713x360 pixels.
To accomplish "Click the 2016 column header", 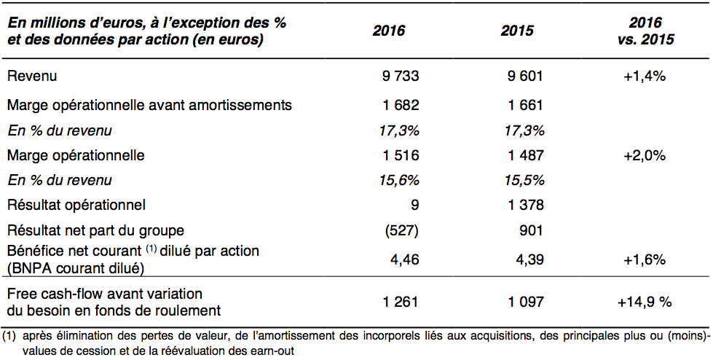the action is (x=389, y=31).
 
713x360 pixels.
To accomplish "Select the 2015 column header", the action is (x=518, y=31).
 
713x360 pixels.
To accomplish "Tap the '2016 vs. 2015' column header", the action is (x=646, y=31).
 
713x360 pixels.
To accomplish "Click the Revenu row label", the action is (x=32, y=76).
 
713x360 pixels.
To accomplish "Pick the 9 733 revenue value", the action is (x=401, y=76).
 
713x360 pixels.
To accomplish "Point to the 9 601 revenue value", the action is (x=525, y=76).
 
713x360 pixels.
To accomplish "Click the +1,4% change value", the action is (x=645, y=76).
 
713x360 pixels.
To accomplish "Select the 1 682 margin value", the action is (x=401, y=105).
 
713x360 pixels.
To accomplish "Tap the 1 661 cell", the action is (x=525, y=105).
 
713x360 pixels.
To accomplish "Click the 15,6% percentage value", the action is (x=399, y=180).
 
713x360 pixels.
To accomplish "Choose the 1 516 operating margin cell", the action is (x=401, y=155).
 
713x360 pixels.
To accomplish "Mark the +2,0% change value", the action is (x=645, y=156).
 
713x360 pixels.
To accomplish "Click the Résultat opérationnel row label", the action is (x=76, y=206).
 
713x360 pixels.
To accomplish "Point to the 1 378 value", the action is (x=525, y=206).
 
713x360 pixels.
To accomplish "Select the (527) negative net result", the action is (x=401, y=230).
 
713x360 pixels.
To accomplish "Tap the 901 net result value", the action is (x=531, y=230).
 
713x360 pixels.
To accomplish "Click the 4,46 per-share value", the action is (x=404, y=260).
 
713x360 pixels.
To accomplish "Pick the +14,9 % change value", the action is (x=645, y=302).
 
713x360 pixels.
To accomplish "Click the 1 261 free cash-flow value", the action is (x=401, y=302).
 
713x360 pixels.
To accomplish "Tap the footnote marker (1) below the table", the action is (x=9, y=337).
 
